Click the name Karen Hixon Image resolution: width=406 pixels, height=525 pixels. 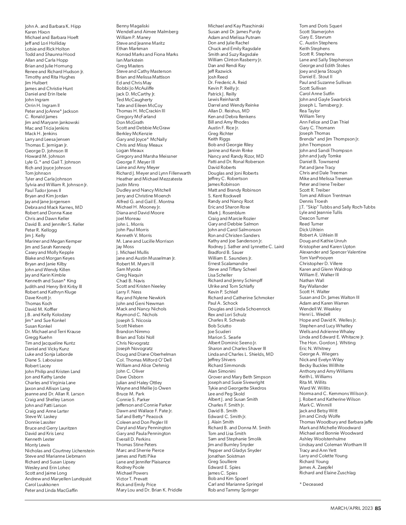(x=37, y=32)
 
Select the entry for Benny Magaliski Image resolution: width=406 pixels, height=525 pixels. (x=133, y=26)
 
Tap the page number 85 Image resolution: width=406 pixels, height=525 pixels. (x=378, y=508)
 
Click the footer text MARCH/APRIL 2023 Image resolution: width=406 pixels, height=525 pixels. (x=352, y=508)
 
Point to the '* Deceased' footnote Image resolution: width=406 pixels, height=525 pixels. (x=311, y=484)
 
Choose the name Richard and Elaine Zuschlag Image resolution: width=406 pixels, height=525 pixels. (x=327, y=473)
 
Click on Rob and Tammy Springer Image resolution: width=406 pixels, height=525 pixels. (x=233, y=490)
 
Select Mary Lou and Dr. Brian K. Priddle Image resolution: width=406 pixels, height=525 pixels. (x=149, y=490)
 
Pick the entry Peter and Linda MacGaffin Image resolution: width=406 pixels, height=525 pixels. (x=51, y=490)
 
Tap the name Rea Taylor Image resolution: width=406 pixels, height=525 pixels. (x=309, y=111)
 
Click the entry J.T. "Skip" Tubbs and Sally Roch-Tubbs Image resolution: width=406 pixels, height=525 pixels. (x=337, y=207)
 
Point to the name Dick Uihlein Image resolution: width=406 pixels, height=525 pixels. (x=311, y=229)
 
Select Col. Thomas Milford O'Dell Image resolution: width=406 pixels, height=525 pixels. (x=144, y=360)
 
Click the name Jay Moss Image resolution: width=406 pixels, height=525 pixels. (x=125, y=247)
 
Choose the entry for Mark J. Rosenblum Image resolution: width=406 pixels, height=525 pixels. (x=226, y=213)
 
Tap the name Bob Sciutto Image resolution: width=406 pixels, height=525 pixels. (x=220, y=326)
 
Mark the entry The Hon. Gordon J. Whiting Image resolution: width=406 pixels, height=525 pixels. (x=327, y=343)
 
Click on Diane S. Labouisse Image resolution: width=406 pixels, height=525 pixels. (x=44, y=360)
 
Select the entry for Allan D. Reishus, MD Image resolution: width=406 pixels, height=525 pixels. (x=228, y=111)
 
